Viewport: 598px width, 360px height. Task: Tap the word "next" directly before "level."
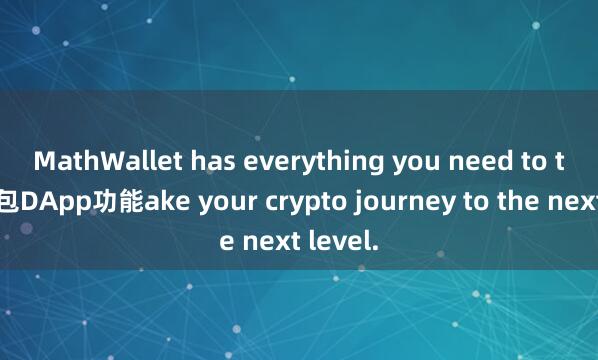266,240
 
